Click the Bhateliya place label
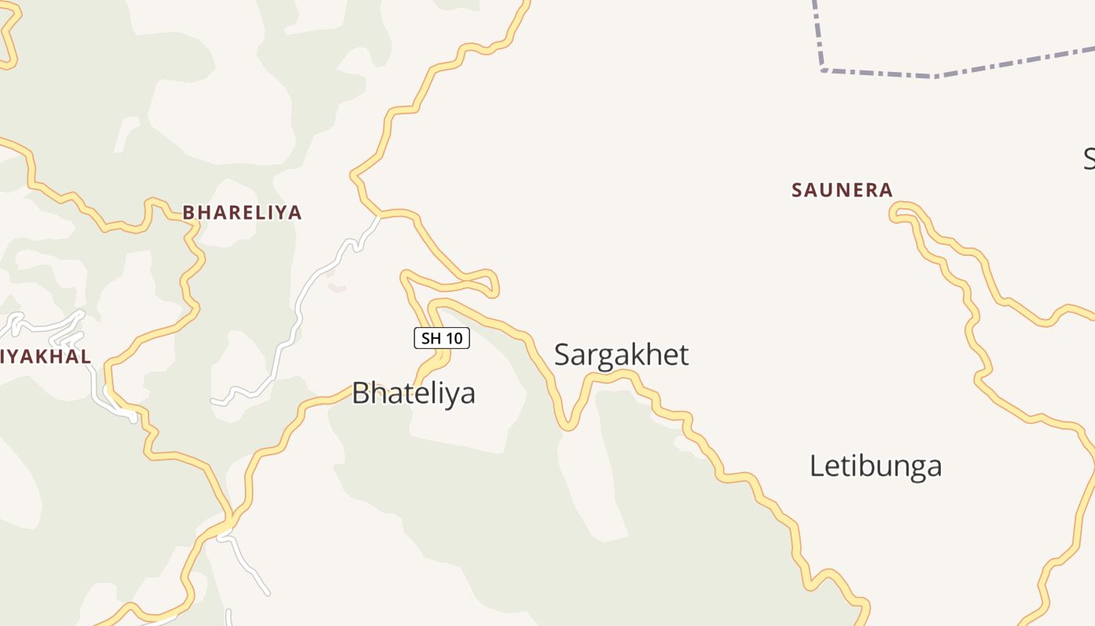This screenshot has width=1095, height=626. [413, 393]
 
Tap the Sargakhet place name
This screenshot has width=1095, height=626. [621, 354]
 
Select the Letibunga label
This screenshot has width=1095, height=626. [875, 466]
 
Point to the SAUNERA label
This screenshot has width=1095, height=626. [842, 190]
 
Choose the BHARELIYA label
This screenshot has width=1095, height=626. [242, 213]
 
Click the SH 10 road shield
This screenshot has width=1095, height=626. [442, 338]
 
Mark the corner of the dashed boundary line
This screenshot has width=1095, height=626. [824, 70]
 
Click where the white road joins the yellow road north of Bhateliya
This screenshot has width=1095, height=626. [379, 215]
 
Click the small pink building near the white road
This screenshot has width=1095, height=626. [337, 288]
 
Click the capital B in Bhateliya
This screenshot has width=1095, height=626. [361, 393]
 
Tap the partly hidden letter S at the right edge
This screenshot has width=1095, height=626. [1090, 159]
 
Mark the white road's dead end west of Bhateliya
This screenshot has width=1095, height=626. [213, 401]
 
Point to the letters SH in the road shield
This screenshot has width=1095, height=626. [431, 338]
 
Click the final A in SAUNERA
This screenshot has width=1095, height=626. [886, 190]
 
